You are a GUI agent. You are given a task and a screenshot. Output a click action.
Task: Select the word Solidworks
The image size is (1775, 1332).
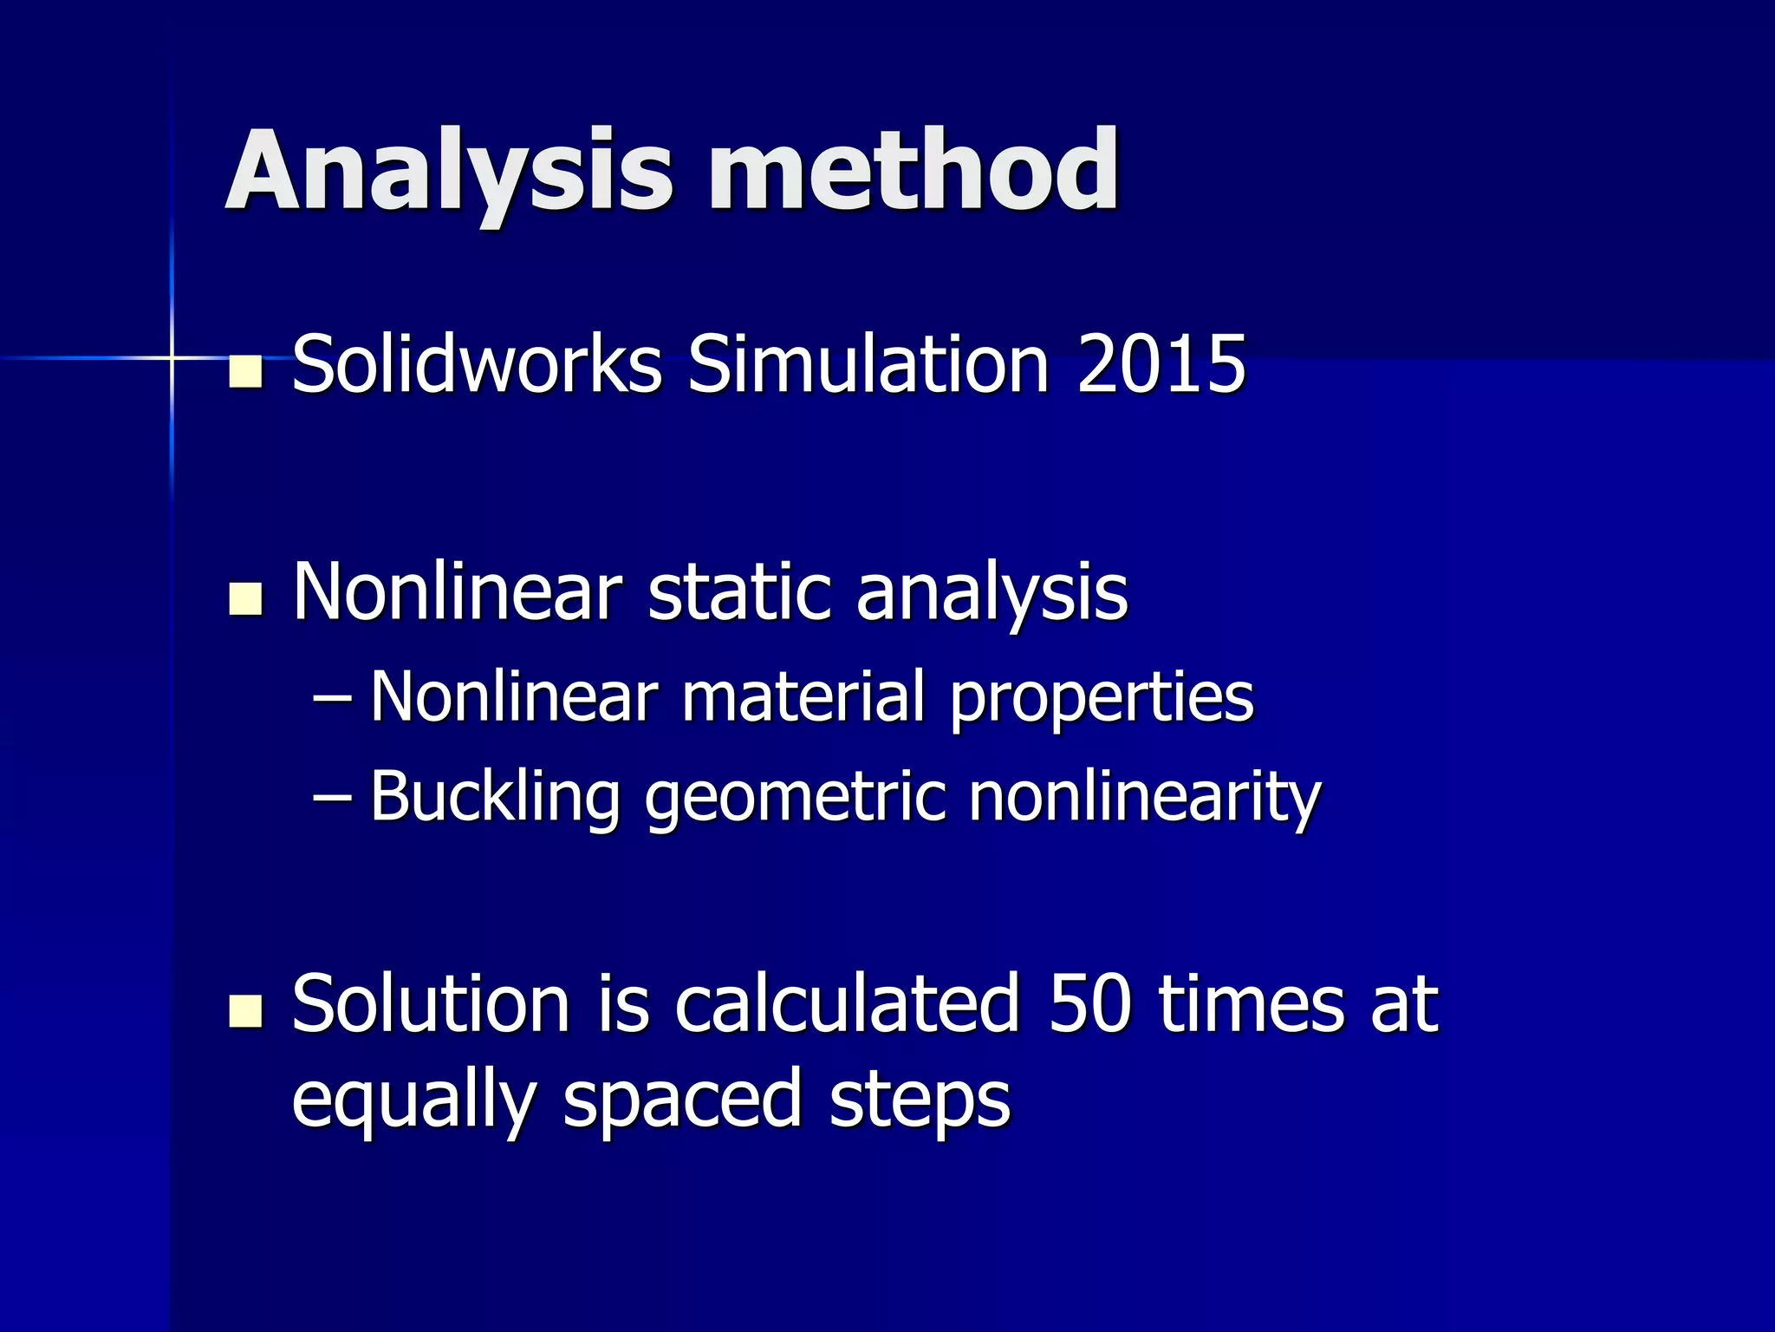pos(477,364)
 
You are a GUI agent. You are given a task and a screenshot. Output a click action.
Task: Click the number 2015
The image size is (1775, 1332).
pos(1161,364)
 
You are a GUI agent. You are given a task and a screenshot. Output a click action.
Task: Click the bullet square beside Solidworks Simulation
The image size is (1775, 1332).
pos(246,372)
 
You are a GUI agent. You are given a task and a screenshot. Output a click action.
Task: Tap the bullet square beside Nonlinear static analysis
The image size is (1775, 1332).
pos(246,600)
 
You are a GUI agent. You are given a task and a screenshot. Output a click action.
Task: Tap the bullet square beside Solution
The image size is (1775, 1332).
pos(246,1011)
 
